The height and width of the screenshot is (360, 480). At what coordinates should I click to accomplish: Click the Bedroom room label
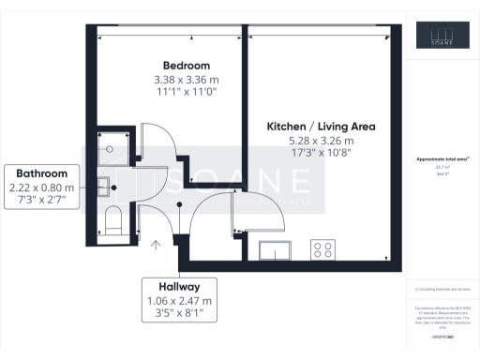tap(179, 65)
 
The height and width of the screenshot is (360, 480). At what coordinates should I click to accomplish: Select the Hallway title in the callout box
tap(179, 284)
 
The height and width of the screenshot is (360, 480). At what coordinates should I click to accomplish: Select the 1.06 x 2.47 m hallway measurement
tap(179, 300)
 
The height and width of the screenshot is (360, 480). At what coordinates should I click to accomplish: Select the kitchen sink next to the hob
tap(275, 248)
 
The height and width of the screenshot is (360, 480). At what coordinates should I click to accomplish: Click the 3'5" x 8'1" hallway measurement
tap(179, 316)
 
